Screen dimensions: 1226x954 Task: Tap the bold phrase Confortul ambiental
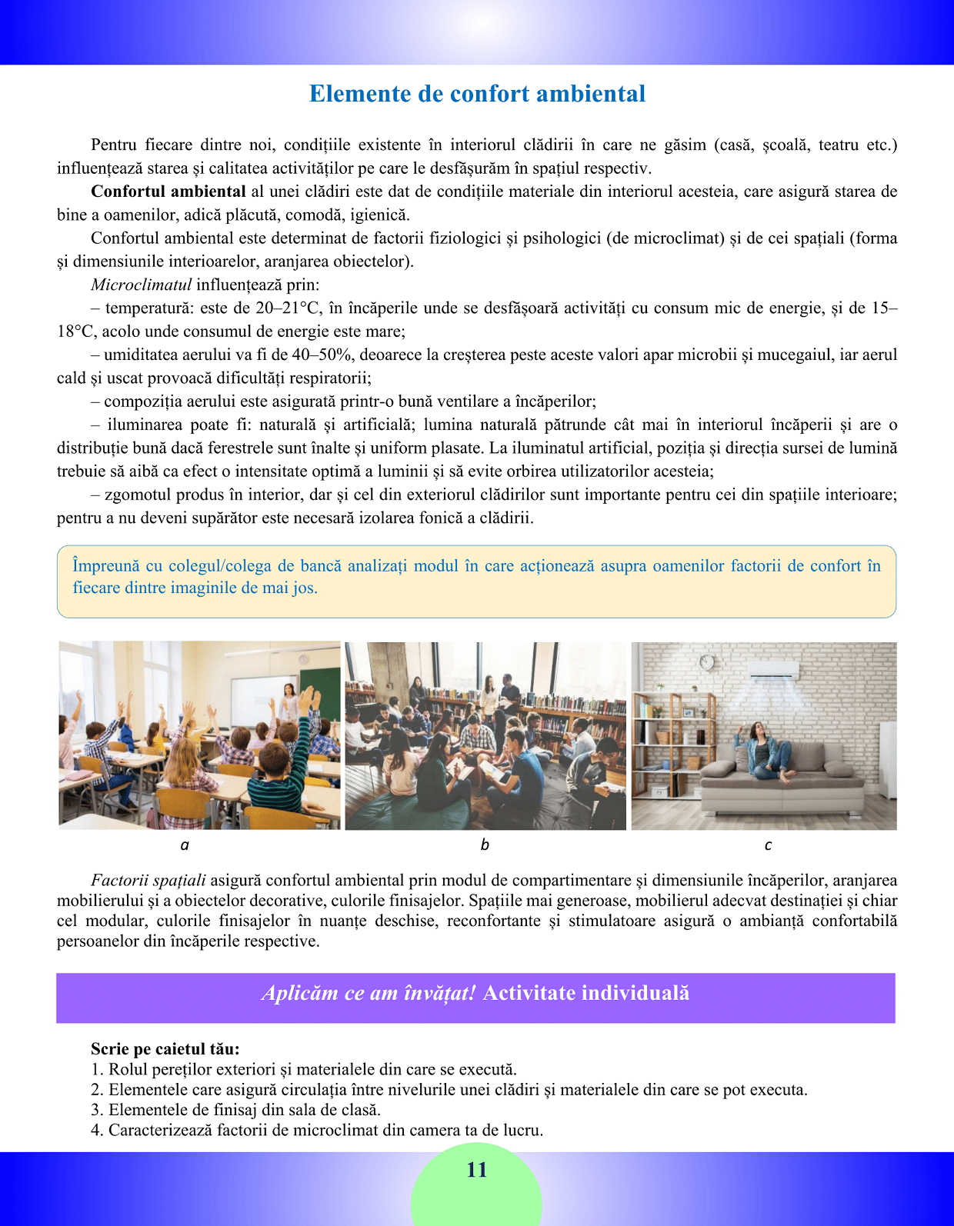(168, 192)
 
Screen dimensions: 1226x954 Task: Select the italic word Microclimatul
(141, 285)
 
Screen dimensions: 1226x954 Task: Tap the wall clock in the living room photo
(706, 662)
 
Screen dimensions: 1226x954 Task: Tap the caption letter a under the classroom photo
(185, 845)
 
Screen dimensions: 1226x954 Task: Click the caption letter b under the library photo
(485, 845)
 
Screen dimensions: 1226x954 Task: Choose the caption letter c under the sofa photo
(768, 845)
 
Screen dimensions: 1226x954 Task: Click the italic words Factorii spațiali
(148, 880)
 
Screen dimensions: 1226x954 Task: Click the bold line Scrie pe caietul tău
(165, 1049)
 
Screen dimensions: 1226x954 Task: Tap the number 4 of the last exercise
(95, 1131)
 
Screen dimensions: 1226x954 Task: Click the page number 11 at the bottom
(477, 1170)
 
